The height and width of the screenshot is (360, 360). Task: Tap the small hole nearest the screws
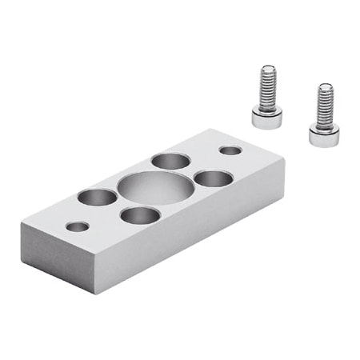click(x=230, y=150)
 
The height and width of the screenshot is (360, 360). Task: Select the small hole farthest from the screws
click(x=78, y=226)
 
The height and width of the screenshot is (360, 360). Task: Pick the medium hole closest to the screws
click(x=213, y=178)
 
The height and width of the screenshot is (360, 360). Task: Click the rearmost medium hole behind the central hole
click(x=170, y=161)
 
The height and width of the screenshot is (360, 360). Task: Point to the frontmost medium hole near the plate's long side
click(x=139, y=214)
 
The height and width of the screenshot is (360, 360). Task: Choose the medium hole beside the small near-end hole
click(x=97, y=196)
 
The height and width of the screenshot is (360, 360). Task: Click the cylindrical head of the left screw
click(x=266, y=118)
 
